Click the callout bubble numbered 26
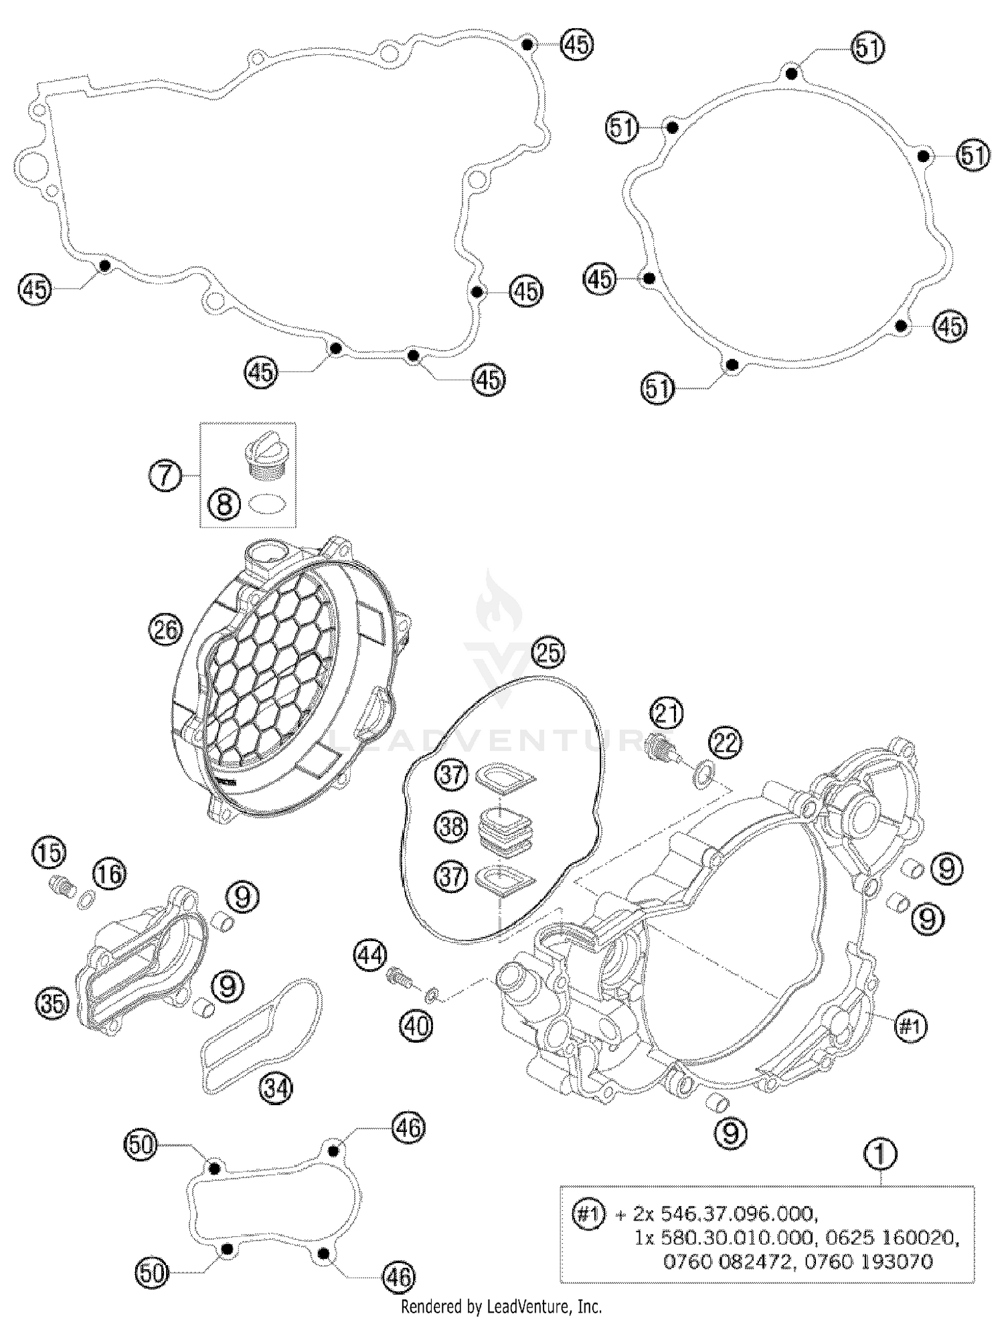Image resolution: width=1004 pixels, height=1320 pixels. coord(165,630)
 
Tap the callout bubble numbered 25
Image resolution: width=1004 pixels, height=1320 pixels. coord(548,653)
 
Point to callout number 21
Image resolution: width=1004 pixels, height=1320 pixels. coord(666,714)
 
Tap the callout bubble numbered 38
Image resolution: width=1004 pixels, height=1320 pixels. coord(451,826)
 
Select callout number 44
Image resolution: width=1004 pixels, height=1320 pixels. coord(371,955)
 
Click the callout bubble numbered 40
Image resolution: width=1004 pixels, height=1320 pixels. coord(416,1024)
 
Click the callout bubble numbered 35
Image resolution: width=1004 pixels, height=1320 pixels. coord(53,1003)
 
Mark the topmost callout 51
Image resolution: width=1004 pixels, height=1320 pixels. coord(868,49)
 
